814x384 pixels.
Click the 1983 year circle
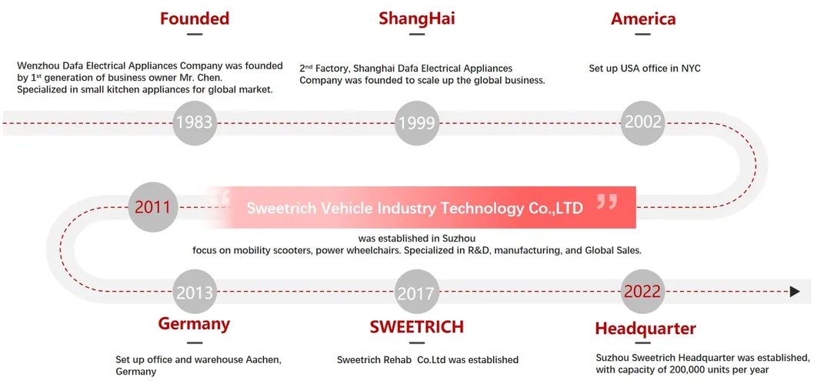tap(194, 122)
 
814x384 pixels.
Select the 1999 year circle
tap(417, 122)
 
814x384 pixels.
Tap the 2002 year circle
tap(643, 122)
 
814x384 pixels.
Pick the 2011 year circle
tap(152, 206)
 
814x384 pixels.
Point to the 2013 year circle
tap(195, 292)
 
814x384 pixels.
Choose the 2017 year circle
tap(417, 292)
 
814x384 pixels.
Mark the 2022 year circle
tap(643, 292)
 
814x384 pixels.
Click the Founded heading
tap(195, 18)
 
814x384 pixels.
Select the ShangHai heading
tap(416, 18)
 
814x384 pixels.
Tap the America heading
tap(643, 18)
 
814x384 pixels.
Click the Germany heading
tap(194, 323)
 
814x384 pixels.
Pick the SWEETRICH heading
tap(416, 326)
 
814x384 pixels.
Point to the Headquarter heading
tap(645, 329)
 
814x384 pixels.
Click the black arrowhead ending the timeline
tap(795, 292)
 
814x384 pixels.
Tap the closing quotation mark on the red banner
tap(607, 202)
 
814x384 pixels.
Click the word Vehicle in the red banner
tap(345, 208)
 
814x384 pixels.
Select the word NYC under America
tap(690, 68)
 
